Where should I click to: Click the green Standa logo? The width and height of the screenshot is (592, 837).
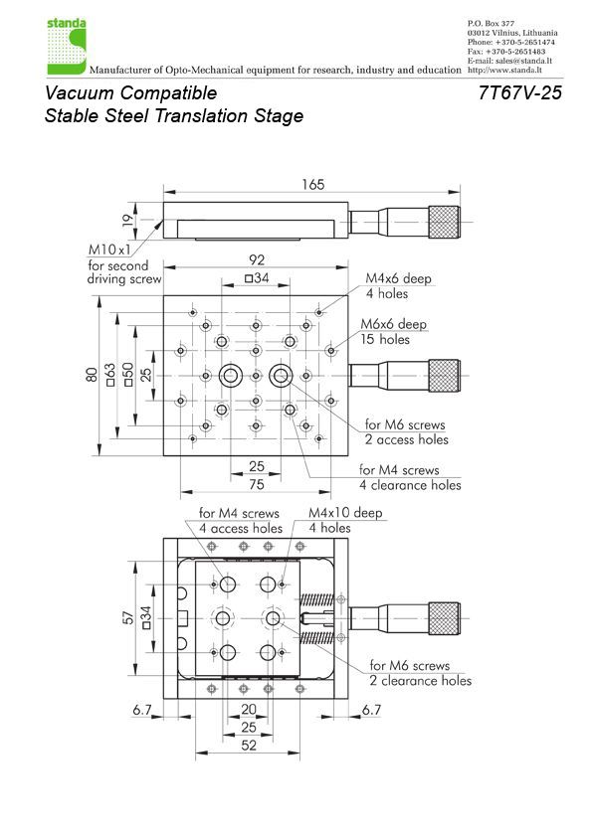(67, 47)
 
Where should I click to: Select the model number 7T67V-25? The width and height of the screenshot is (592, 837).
(520, 92)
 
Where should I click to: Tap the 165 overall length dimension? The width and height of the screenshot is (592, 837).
(312, 185)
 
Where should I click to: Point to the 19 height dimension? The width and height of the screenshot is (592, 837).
(127, 221)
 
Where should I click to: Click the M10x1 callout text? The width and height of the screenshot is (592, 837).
(109, 250)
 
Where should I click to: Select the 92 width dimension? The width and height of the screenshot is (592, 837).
(257, 260)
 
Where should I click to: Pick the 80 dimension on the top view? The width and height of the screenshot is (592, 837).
(92, 375)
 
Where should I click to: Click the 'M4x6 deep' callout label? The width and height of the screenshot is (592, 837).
(398, 278)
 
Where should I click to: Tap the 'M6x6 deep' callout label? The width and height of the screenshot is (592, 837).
(393, 324)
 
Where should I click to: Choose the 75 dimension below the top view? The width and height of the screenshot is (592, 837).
(257, 484)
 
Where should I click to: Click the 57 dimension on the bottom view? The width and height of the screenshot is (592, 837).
(128, 617)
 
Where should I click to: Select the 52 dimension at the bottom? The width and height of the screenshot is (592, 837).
(249, 746)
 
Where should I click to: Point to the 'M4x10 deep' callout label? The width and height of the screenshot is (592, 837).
(345, 513)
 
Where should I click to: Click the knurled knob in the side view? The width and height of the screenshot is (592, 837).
(444, 222)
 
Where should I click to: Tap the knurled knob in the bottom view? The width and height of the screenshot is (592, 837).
(444, 618)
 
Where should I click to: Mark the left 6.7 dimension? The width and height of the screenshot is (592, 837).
(142, 710)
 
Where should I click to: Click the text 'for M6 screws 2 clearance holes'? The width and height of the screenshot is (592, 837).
(421, 673)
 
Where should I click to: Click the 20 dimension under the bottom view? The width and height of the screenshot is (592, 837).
(249, 710)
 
